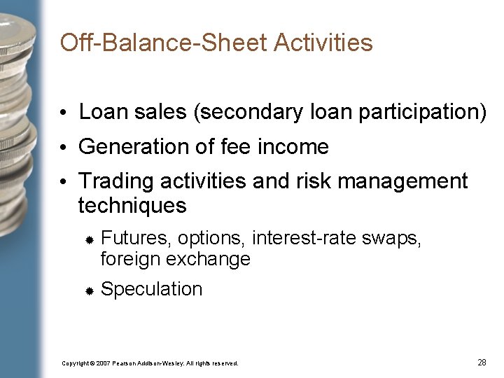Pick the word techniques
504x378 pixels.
point(132,206)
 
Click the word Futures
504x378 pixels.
point(136,239)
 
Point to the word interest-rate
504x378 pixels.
point(303,239)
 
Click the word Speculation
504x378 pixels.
point(151,289)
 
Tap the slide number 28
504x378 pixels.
point(482,362)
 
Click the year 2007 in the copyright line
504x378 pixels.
point(103,363)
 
